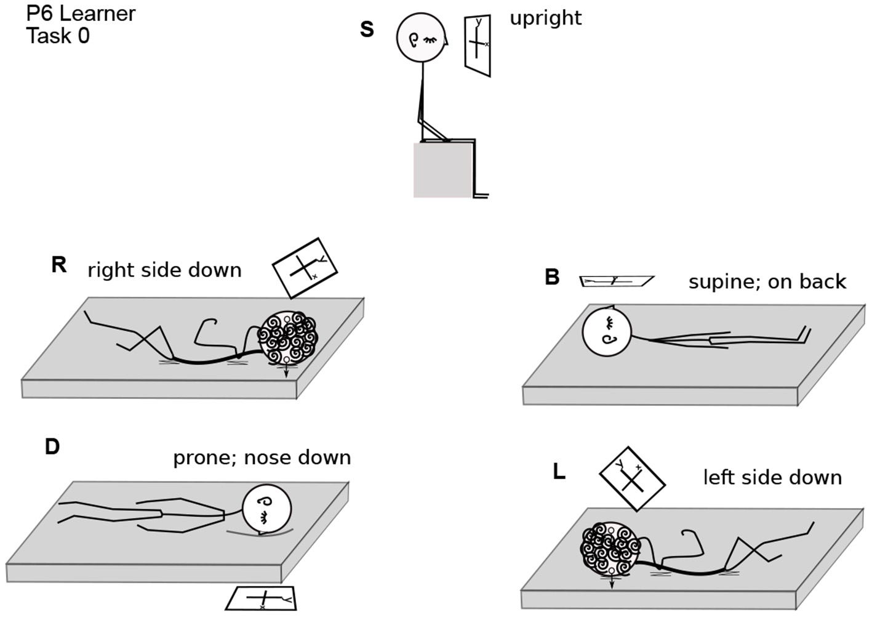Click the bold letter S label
click(x=367, y=29)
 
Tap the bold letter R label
click(x=58, y=265)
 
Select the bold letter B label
click(x=552, y=277)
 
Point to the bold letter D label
click(x=52, y=446)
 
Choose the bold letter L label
click(x=559, y=472)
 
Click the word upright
click(x=545, y=18)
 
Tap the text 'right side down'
click(x=164, y=270)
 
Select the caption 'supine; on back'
click(x=767, y=281)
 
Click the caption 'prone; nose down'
click(x=262, y=458)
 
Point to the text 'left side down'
click(x=772, y=477)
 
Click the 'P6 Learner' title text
click(x=81, y=14)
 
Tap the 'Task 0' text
click(x=58, y=36)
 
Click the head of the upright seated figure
click(x=421, y=38)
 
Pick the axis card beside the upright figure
click(x=478, y=46)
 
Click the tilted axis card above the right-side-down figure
click(x=305, y=267)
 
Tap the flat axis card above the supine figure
click(x=617, y=281)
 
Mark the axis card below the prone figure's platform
click(x=262, y=598)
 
